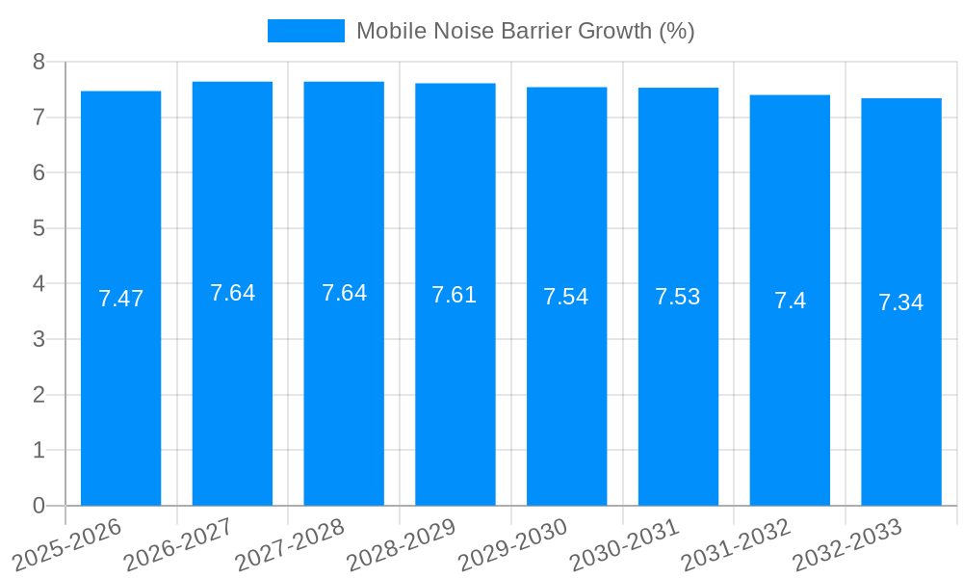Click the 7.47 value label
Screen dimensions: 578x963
(120, 299)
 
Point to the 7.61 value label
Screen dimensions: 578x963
(455, 295)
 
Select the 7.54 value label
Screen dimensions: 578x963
(566, 297)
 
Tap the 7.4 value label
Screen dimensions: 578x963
(790, 301)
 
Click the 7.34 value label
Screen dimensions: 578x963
(901, 302)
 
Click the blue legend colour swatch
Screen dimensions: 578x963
(305, 31)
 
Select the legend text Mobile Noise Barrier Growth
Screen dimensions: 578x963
(525, 31)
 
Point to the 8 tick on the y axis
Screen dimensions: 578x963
(39, 62)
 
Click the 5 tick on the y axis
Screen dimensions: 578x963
(39, 228)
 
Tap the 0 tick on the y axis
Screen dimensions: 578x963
(39, 506)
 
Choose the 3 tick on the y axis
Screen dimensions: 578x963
(39, 339)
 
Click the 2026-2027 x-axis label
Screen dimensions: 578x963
(179, 545)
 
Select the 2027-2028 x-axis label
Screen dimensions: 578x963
(290, 545)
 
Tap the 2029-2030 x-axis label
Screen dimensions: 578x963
(513, 545)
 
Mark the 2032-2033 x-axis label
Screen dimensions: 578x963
(847, 545)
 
